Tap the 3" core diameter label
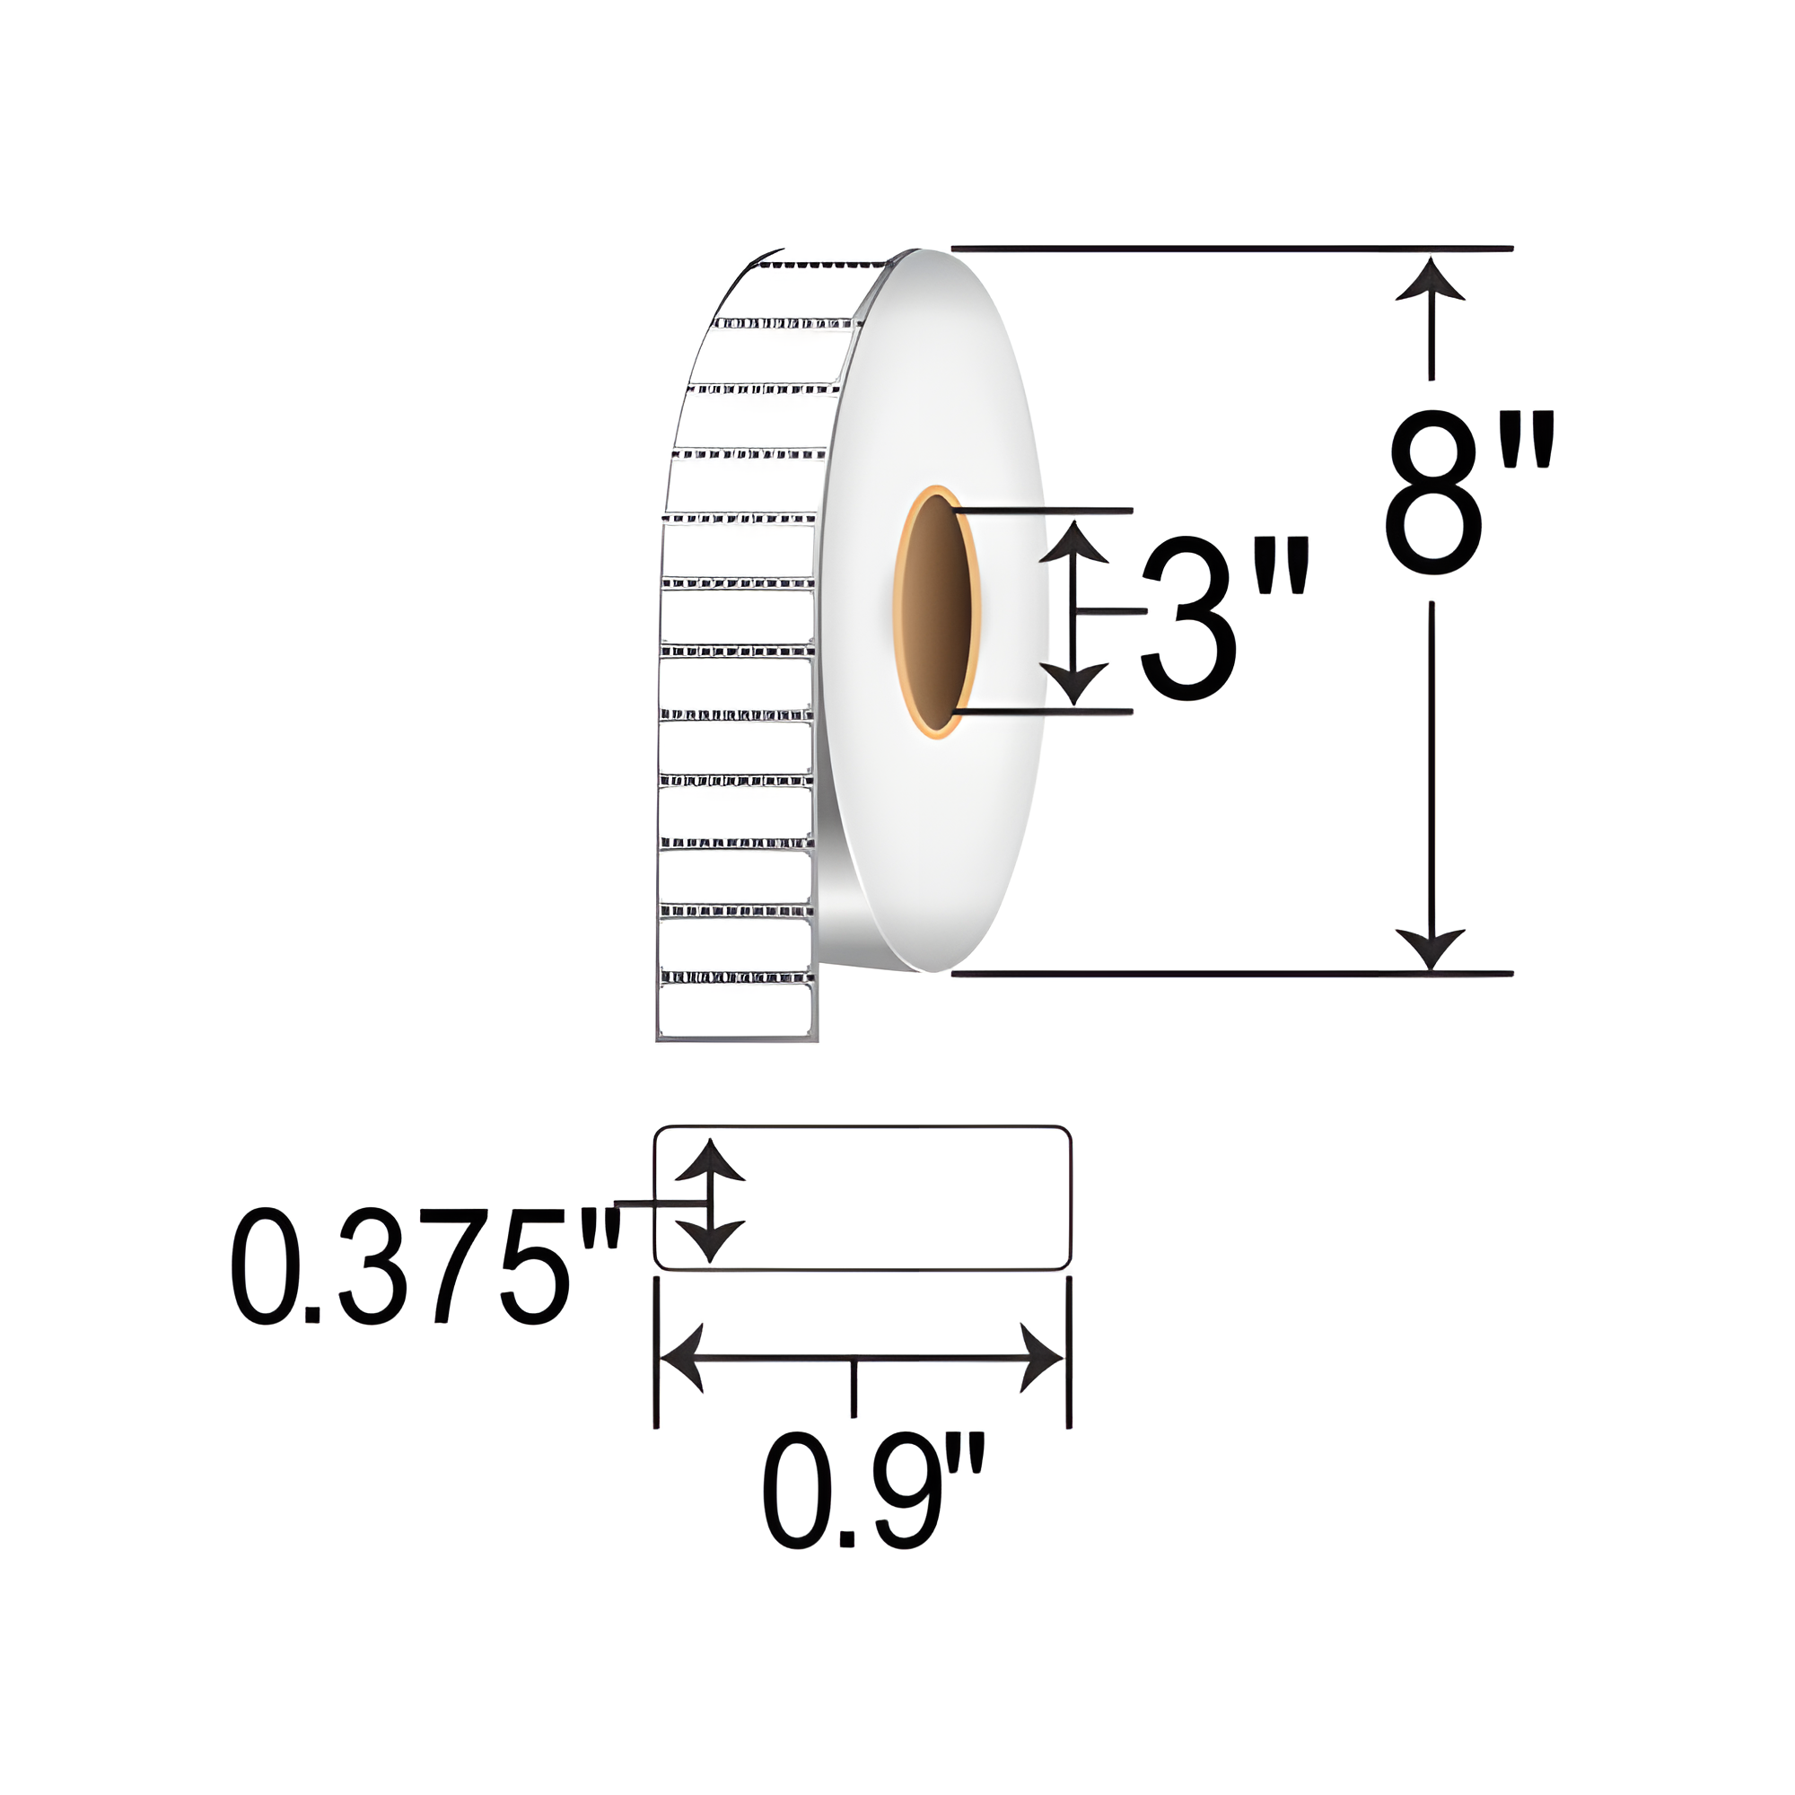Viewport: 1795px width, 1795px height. (x=1224, y=618)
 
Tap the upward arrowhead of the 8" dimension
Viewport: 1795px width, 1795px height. (x=1431, y=281)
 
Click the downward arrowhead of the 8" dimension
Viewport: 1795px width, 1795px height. (x=1431, y=949)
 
